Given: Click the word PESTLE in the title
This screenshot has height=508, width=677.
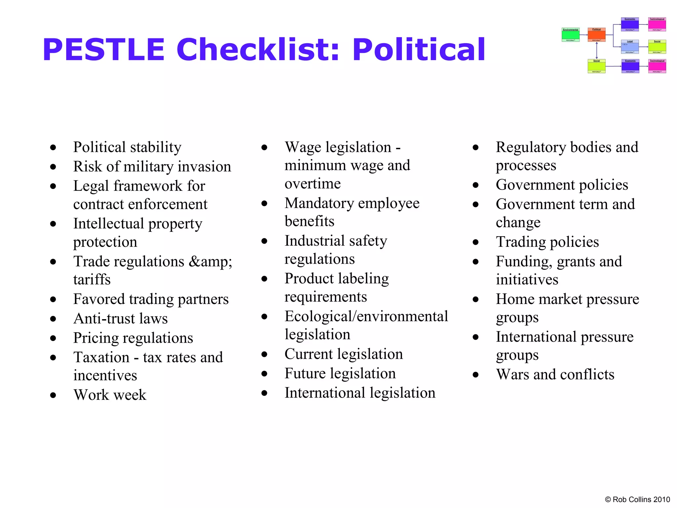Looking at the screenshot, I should tap(103, 50).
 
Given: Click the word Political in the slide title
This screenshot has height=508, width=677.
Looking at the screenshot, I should tap(418, 50).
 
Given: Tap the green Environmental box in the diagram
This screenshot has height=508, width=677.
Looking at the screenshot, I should tap(571, 35).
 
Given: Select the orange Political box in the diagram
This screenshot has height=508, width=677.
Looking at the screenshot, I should tap(596, 35).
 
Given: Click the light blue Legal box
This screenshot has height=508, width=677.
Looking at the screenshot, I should tap(630, 47).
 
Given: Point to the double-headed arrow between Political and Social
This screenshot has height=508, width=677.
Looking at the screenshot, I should tap(597, 51).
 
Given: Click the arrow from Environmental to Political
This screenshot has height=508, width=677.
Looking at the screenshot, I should tap(583, 35).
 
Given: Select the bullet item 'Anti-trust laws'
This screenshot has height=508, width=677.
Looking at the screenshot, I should tap(120, 318).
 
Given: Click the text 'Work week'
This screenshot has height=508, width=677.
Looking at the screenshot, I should tap(110, 395).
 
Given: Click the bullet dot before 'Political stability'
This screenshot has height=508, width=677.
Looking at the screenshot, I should tap(53, 148).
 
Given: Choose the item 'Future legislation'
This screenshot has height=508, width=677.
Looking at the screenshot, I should tap(340, 373).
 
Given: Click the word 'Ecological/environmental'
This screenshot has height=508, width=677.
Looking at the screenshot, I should tap(366, 316).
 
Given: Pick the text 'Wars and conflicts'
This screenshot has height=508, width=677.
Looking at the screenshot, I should tap(555, 374).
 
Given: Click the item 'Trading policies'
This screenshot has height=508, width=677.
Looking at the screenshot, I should tap(547, 242).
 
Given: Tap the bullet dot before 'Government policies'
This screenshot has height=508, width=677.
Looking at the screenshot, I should tap(475, 185).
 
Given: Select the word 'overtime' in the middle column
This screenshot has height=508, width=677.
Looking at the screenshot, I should tap(312, 184).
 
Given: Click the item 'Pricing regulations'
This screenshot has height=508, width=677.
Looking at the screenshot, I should tap(133, 338).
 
